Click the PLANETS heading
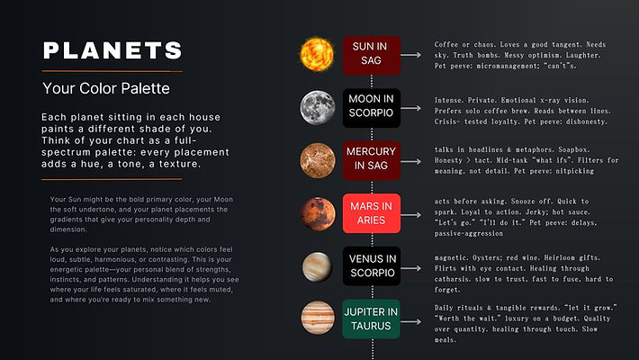[112, 49]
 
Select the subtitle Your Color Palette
[105, 89]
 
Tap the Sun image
[317, 53]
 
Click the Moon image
[317, 106]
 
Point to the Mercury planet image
[317, 159]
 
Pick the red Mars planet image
[317, 211]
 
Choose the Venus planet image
[317, 265]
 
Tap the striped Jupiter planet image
[317, 318]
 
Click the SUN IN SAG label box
[371, 54]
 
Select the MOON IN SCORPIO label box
[371, 107]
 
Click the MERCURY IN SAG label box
[371, 159]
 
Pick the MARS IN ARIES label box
[371, 212]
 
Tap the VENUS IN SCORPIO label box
[371, 265]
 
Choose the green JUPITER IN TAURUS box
[371, 319]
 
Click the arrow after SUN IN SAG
[413, 54]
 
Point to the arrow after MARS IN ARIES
[413, 212]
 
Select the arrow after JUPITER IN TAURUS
[413, 319]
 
